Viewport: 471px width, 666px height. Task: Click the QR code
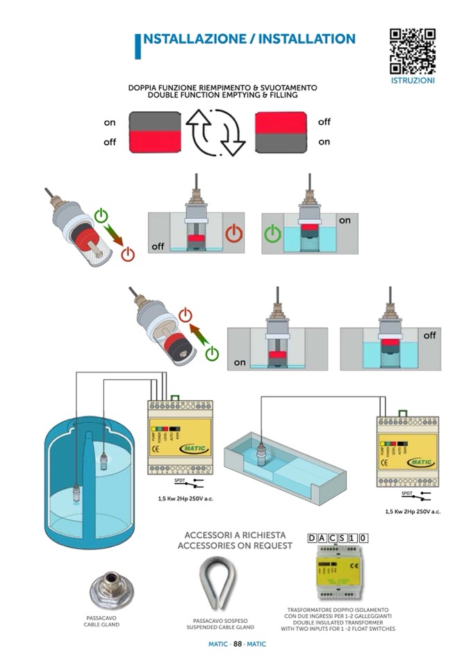[412, 51]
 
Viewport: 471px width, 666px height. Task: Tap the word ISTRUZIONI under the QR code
[413, 81]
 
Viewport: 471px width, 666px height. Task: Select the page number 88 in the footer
[237, 644]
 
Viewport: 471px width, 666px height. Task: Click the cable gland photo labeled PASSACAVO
[111, 591]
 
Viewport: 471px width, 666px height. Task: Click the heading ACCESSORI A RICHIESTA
[235, 535]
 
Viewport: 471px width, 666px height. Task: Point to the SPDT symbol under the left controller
[181, 480]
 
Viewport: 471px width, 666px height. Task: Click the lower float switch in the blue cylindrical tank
[76, 494]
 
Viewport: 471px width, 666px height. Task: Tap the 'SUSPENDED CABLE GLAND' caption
[220, 626]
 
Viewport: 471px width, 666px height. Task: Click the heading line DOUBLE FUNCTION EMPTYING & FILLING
[222, 95]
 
